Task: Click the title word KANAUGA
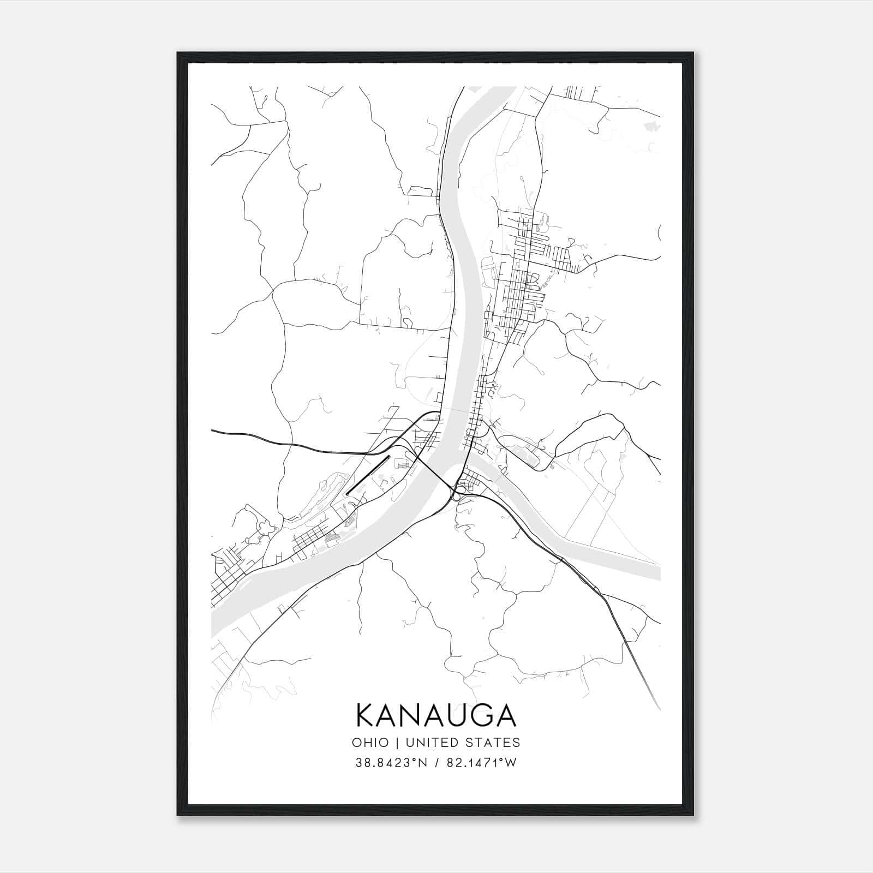pyautogui.click(x=436, y=716)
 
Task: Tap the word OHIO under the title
pyautogui.click(x=370, y=743)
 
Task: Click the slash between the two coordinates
pyautogui.click(x=436, y=763)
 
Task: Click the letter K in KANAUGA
pyautogui.click(x=366, y=716)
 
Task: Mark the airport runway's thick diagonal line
pyautogui.click(x=369, y=475)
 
